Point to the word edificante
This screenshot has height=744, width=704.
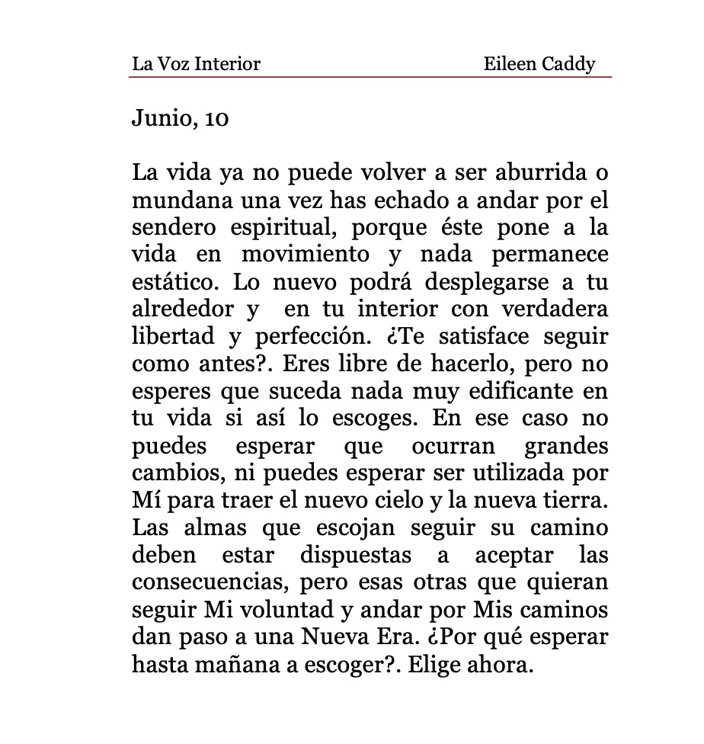tap(520, 392)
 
